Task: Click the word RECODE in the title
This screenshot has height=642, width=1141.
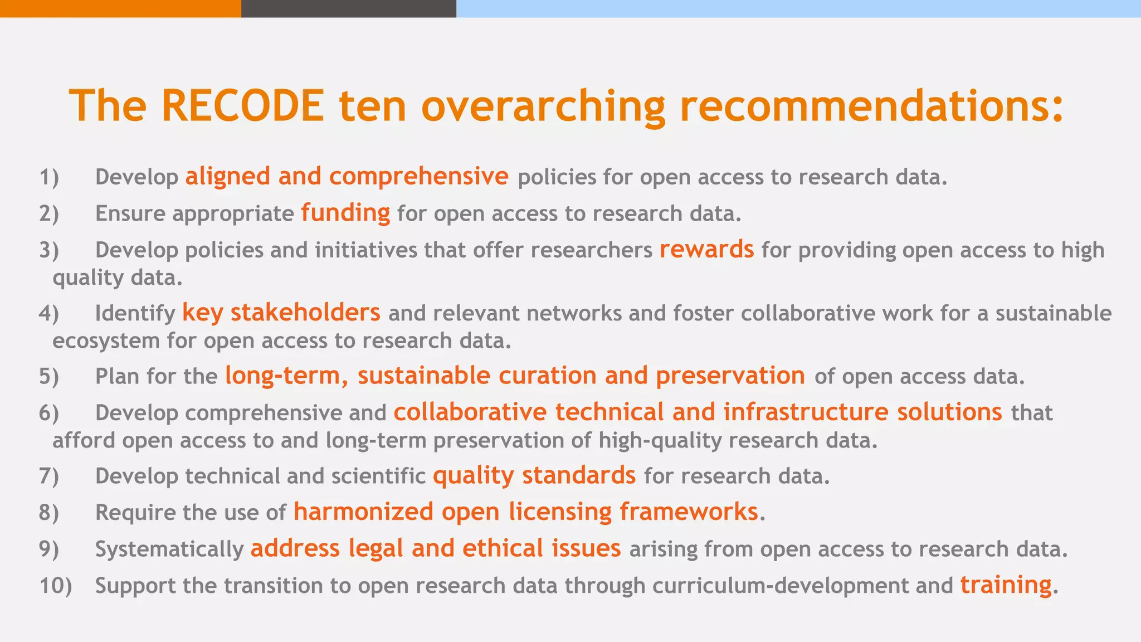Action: point(242,106)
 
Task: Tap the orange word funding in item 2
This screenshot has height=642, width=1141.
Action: point(345,213)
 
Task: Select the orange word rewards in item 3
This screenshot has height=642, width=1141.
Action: point(706,250)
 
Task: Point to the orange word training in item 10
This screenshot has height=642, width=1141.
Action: point(1006,585)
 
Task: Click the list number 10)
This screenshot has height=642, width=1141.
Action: point(56,586)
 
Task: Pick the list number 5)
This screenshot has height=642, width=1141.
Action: point(49,376)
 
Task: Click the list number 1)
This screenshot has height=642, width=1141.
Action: point(49,177)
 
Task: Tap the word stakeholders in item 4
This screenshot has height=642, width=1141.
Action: point(305,313)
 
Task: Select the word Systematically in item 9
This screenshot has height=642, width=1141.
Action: point(169,549)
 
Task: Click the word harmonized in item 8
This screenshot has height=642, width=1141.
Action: point(363,512)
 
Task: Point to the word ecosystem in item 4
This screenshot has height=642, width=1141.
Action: point(106,341)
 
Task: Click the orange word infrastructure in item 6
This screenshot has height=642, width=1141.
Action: point(806,412)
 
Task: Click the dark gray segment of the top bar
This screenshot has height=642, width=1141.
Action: point(348,8)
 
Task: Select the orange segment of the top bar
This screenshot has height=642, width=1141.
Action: point(120,8)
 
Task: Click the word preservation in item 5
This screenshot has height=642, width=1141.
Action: point(730,376)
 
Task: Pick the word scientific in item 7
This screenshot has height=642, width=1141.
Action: point(378,476)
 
